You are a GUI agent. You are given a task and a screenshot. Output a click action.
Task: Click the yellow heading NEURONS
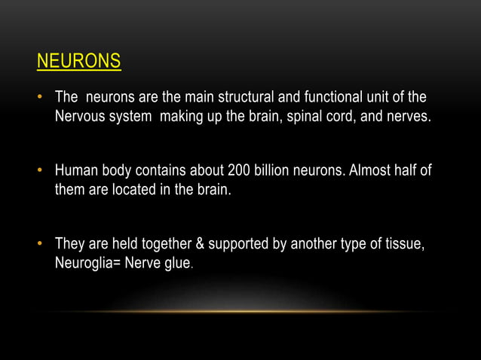(x=78, y=61)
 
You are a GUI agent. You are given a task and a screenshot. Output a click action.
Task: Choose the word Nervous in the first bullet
(x=78, y=118)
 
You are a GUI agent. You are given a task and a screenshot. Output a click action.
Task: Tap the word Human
(x=76, y=171)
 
